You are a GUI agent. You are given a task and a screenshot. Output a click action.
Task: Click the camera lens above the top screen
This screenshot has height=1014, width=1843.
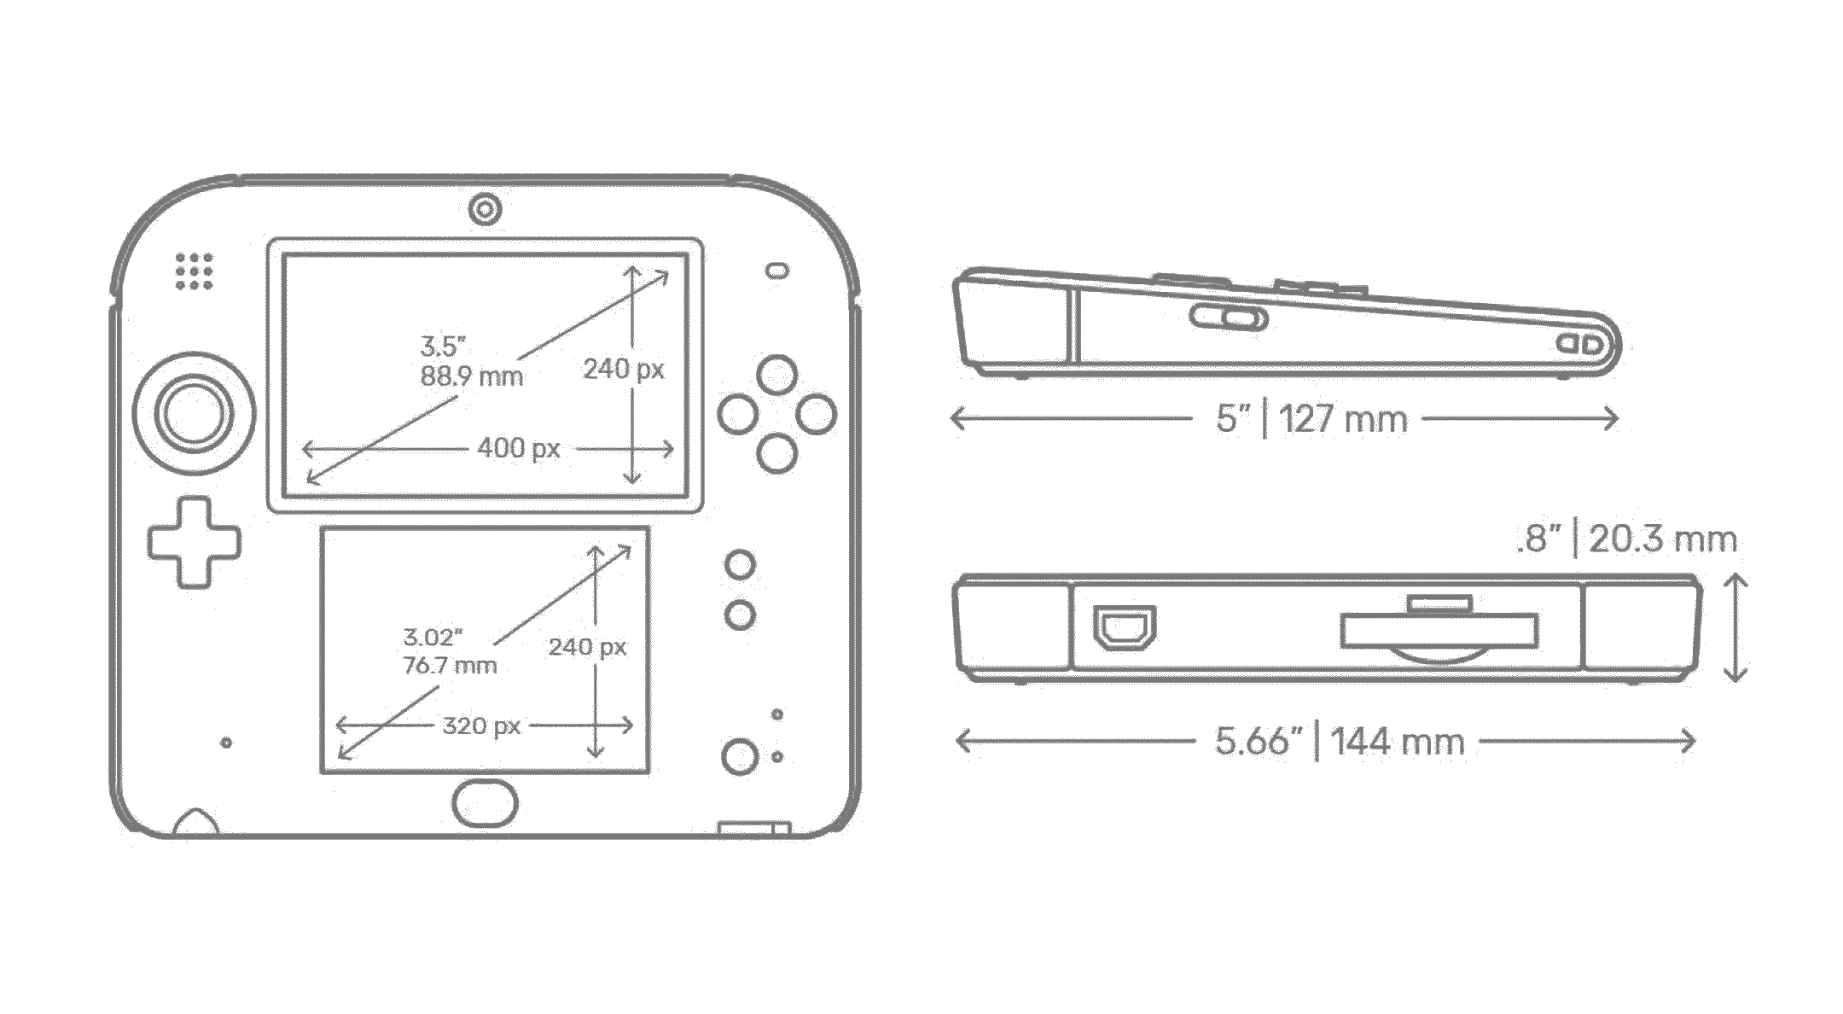point(485,209)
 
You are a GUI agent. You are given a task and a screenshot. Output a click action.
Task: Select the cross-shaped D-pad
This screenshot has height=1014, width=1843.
point(195,542)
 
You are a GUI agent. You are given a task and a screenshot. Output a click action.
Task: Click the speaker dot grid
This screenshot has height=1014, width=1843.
point(195,271)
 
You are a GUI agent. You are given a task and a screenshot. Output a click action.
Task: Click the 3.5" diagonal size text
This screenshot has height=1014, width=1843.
point(444,346)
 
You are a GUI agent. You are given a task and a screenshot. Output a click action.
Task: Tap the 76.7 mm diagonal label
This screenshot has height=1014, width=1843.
point(450,665)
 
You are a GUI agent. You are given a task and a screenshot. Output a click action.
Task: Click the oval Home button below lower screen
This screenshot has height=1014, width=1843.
point(485,802)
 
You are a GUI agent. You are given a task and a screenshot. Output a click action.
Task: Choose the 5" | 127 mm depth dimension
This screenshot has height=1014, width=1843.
point(1311,419)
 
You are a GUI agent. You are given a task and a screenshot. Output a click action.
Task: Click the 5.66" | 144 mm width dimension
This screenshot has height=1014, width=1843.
point(1340,741)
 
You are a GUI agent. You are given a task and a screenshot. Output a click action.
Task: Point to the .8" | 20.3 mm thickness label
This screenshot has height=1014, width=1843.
point(1626,539)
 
